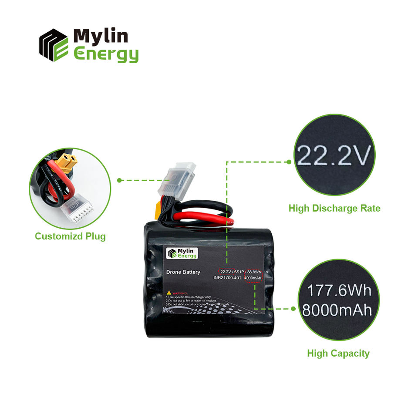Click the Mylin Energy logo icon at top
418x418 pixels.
pyautogui.click(x=54, y=45)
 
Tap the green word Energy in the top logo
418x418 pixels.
pyautogui.click(x=106, y=54)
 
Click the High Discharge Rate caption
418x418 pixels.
pyautogui.click(x=334, y=209)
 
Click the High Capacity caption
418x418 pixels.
pyautogui.click(x=338, y=353)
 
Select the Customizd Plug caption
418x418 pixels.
pyautogui.click(x=70, y=236)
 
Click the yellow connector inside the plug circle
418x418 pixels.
pyautogui.click(x=67, y=164)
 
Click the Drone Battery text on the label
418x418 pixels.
pyautogui.click(x=183, y=272)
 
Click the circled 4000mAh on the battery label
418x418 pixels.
pyautogui.click(x=253, y=278)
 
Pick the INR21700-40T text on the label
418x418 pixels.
pyautogui.click(x=227, y=278)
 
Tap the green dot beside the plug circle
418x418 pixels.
pyautogui.click(x=119, y=180)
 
